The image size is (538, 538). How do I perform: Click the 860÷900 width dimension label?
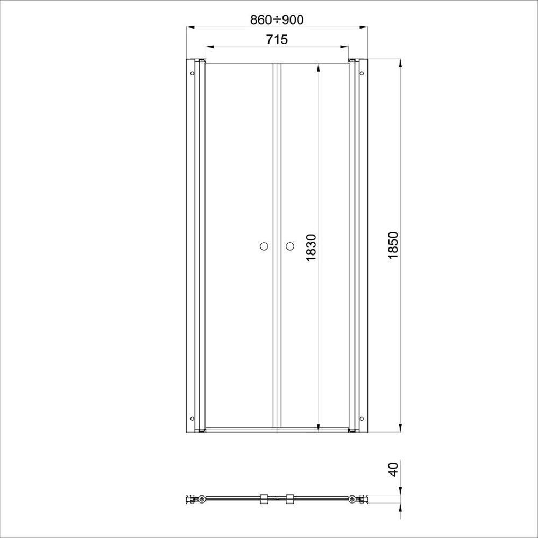pyautogui.click(x=277, y=20)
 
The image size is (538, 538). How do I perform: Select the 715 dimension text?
pyautogui.click(x=277, y=39)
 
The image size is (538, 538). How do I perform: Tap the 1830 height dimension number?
pyautogui.click(x=311, y=247)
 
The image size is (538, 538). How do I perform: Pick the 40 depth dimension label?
pyautogui.click(x=393, y=469)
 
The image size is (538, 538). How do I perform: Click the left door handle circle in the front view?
pyautogui.click(x=264, y=246)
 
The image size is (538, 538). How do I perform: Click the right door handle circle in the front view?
pyautogui.click(x=290, y=246)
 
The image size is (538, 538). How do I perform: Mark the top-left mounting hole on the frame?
pyautogui.click(x=192, y=73)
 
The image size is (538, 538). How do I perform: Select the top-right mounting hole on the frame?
pyautogui.click(x=362, y=73)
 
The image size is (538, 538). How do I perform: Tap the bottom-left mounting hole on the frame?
pyautogui.click(x=192, y=419)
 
